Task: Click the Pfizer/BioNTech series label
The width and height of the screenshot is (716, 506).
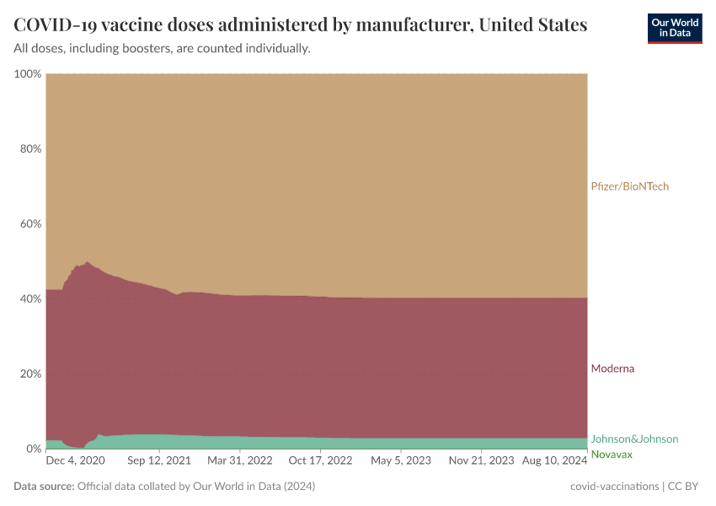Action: (x=629, y=186)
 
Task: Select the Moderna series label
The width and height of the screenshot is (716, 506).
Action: (x=612, y=369)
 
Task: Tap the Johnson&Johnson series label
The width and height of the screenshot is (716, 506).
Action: (x=634, y=439)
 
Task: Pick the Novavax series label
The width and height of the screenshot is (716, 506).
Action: (x=612, y=455)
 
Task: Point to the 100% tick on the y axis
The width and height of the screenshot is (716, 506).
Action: (x=28, y=74)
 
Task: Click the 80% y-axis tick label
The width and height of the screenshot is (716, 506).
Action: (x=30, y=149)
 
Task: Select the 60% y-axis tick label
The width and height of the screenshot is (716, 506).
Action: (x=30, y=224)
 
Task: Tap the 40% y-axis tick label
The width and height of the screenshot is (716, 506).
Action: (x=30, y=299)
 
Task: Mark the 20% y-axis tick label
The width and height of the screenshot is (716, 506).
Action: (x=30, y=374)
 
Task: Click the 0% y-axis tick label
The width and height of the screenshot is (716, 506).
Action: (x=33, y=449)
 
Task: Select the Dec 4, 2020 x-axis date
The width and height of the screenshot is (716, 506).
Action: (x=74, y=461)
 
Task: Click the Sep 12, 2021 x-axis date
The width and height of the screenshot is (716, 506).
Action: (x=159, y=461)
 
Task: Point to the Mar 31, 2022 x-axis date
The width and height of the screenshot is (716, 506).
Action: (x=240, y=461)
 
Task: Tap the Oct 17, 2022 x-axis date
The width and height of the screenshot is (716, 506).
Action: (x=320, y=461)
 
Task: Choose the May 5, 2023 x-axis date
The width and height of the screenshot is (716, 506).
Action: (x=401, y=461)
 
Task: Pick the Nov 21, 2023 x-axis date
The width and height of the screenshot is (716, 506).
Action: (x=481, y=461)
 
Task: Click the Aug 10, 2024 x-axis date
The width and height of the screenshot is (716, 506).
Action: (x=555, y=461)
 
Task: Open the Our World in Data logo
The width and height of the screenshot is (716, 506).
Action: (x=674, y=28)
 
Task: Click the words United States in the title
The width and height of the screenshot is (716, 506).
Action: (x=532, y=24)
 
